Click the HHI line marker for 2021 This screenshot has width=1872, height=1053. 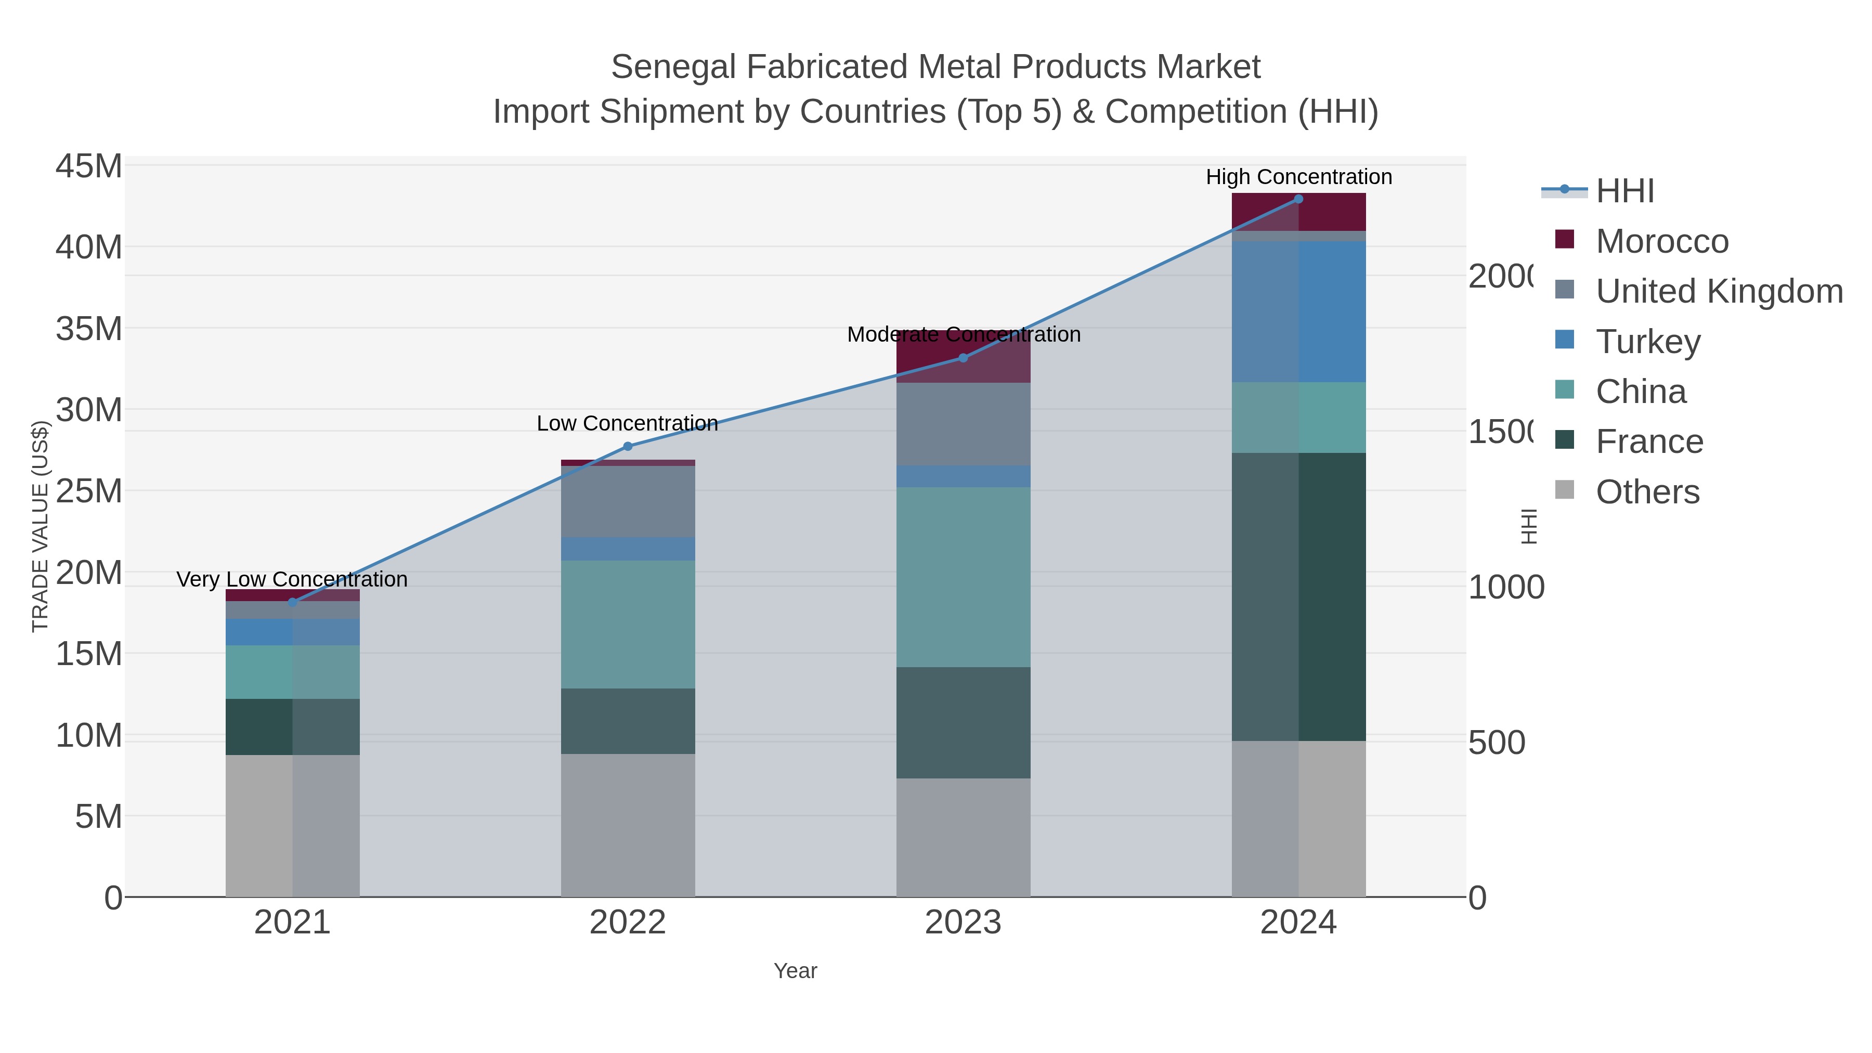point(293,602)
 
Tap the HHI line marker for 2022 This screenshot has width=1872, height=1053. point(628,446)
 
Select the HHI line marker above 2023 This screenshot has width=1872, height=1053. point(963,358)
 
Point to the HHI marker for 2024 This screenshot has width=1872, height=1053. point(1298,199)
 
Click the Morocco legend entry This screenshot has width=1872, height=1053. point(1661,241)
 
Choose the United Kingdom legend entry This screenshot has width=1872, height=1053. point(1719,291)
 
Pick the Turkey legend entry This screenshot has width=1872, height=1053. point(1647,342)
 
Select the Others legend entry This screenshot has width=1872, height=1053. point(1647,492)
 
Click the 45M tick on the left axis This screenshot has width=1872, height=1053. point(88,166)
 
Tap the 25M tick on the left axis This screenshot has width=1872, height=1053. point(88,492)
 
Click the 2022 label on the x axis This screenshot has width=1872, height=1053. point(628,923)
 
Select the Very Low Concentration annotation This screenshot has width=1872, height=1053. point(292,579)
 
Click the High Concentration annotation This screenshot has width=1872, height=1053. point(1298,177)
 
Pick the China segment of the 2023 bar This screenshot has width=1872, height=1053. point(963,577)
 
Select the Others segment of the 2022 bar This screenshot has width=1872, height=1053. point(628,825)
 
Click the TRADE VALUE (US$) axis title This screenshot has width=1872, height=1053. point(41,526)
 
